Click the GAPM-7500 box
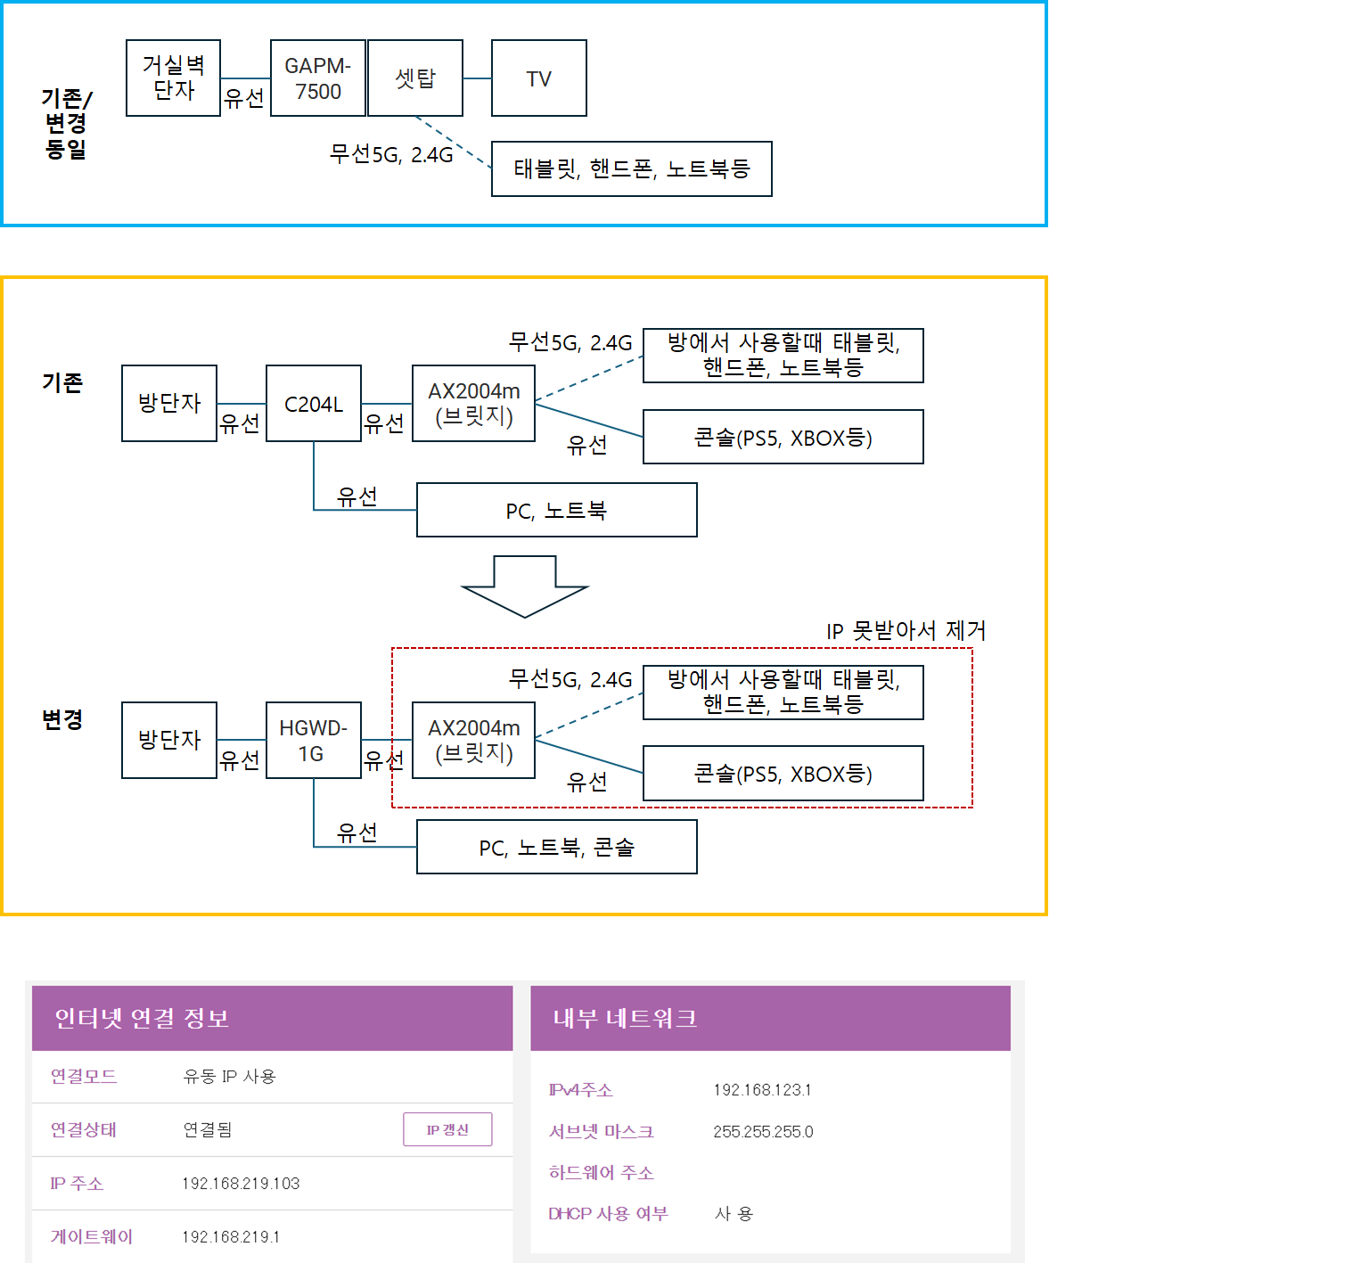(317, 78)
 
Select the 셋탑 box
(415, 78)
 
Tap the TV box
(538, 78)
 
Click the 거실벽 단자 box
(173, 78)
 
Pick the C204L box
(313, 404)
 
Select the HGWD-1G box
(313, 741)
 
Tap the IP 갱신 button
(447, 1129)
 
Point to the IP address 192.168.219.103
(241, 1184)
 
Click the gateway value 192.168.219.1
(231, 1237)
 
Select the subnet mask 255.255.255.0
(763, 1132)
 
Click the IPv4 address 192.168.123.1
(762, 1090)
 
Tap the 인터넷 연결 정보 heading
(142, 1018)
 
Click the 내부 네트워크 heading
(625, 1018)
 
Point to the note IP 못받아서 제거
(906, 631)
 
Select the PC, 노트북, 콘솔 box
(556, 848)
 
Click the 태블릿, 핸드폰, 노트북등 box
(631, 168)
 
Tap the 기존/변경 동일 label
(66, 123)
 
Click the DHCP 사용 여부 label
(608, 1214)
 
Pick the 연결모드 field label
(84, 1077)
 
